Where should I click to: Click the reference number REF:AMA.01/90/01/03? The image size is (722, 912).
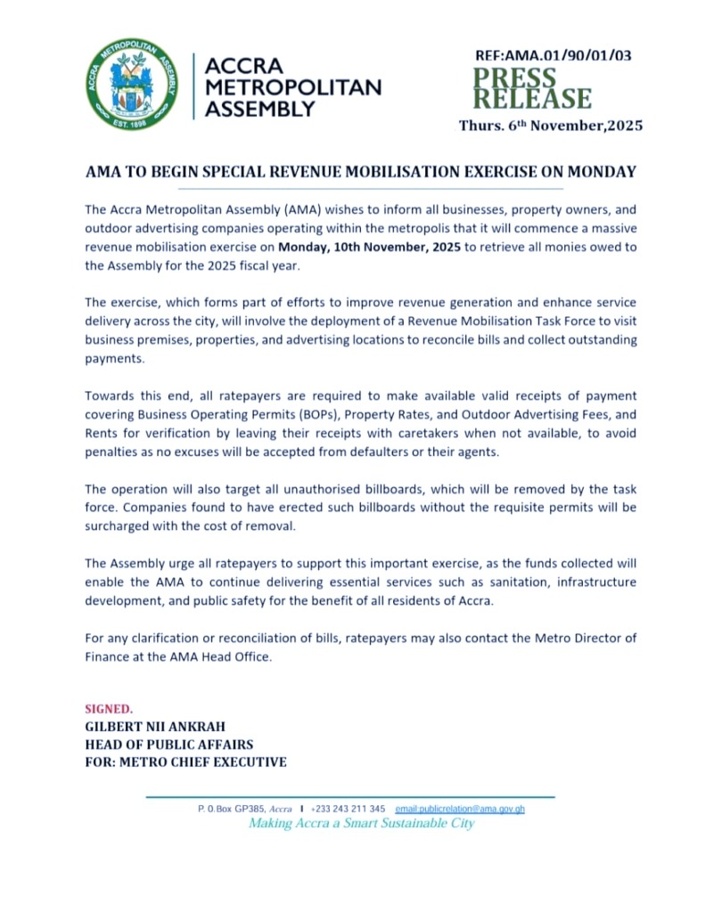(554, 55)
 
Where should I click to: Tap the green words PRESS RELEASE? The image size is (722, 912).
(531, 88)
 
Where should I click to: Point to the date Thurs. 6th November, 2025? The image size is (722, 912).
(550, 126)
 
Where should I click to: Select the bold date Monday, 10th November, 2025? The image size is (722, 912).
(370, 247)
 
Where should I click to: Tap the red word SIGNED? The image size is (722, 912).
(109, 709)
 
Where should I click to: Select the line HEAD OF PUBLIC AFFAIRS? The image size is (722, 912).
(168, 745)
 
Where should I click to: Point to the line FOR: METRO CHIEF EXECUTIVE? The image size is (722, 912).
(185, 762)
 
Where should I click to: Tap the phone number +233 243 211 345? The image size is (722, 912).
(348, 809)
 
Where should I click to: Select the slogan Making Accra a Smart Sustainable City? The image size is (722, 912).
(361, 824)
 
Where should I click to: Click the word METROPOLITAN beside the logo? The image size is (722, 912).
(293, 88)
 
